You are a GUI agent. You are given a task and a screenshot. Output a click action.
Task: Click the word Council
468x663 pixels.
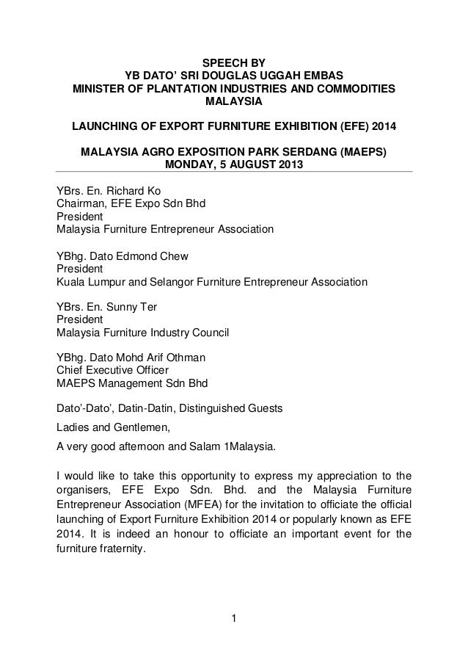pyautogui.click(x=209, y=333)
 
